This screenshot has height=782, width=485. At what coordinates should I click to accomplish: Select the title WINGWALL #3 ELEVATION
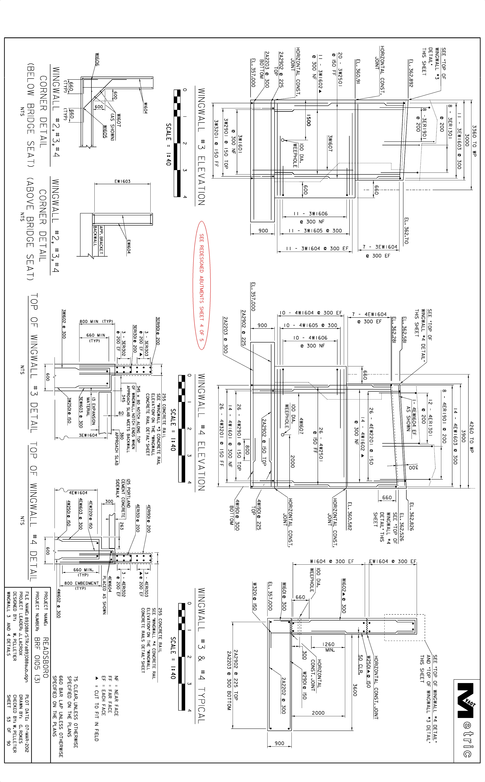coord(201,147)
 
